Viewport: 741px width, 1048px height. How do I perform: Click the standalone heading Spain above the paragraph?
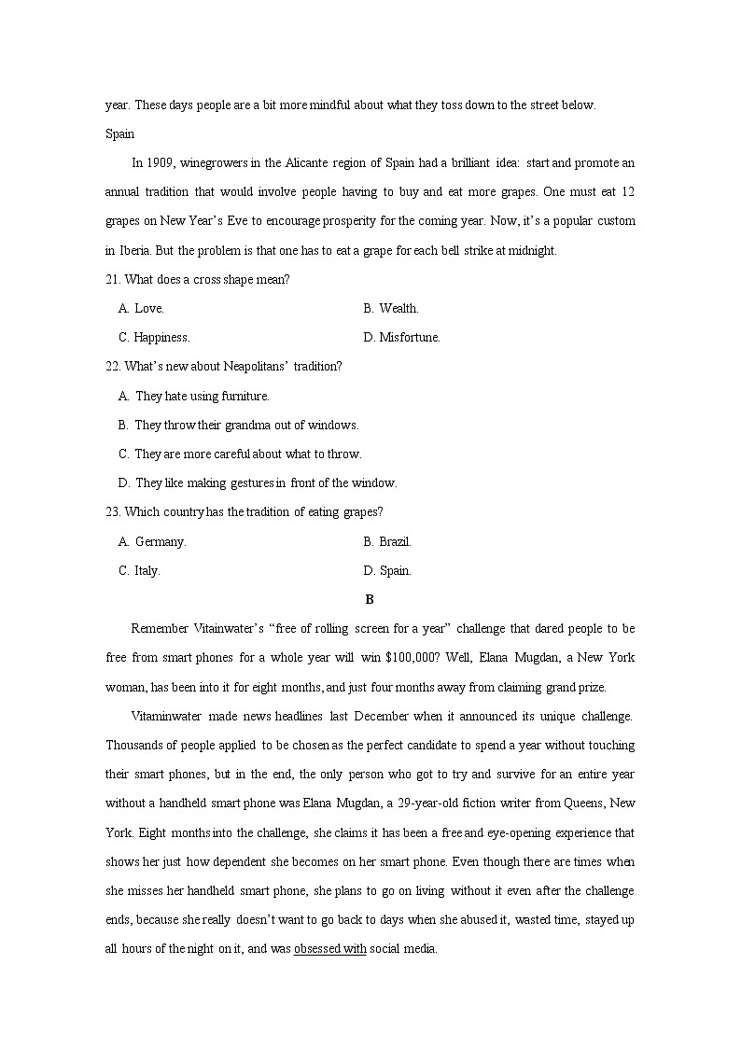click(x=120, y=133)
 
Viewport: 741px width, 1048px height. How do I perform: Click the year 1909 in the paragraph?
click(x=157, y=163)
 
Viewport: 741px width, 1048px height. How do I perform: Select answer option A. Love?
click(x=141, y=308)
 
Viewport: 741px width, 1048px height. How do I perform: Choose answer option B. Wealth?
click(x=391, y=308)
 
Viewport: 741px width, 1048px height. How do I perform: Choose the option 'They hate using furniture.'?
click(x=202, y=396)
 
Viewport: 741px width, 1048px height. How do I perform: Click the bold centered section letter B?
click(x=370, y=599)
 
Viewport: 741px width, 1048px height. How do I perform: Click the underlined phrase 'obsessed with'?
click(x=330, y=949)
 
